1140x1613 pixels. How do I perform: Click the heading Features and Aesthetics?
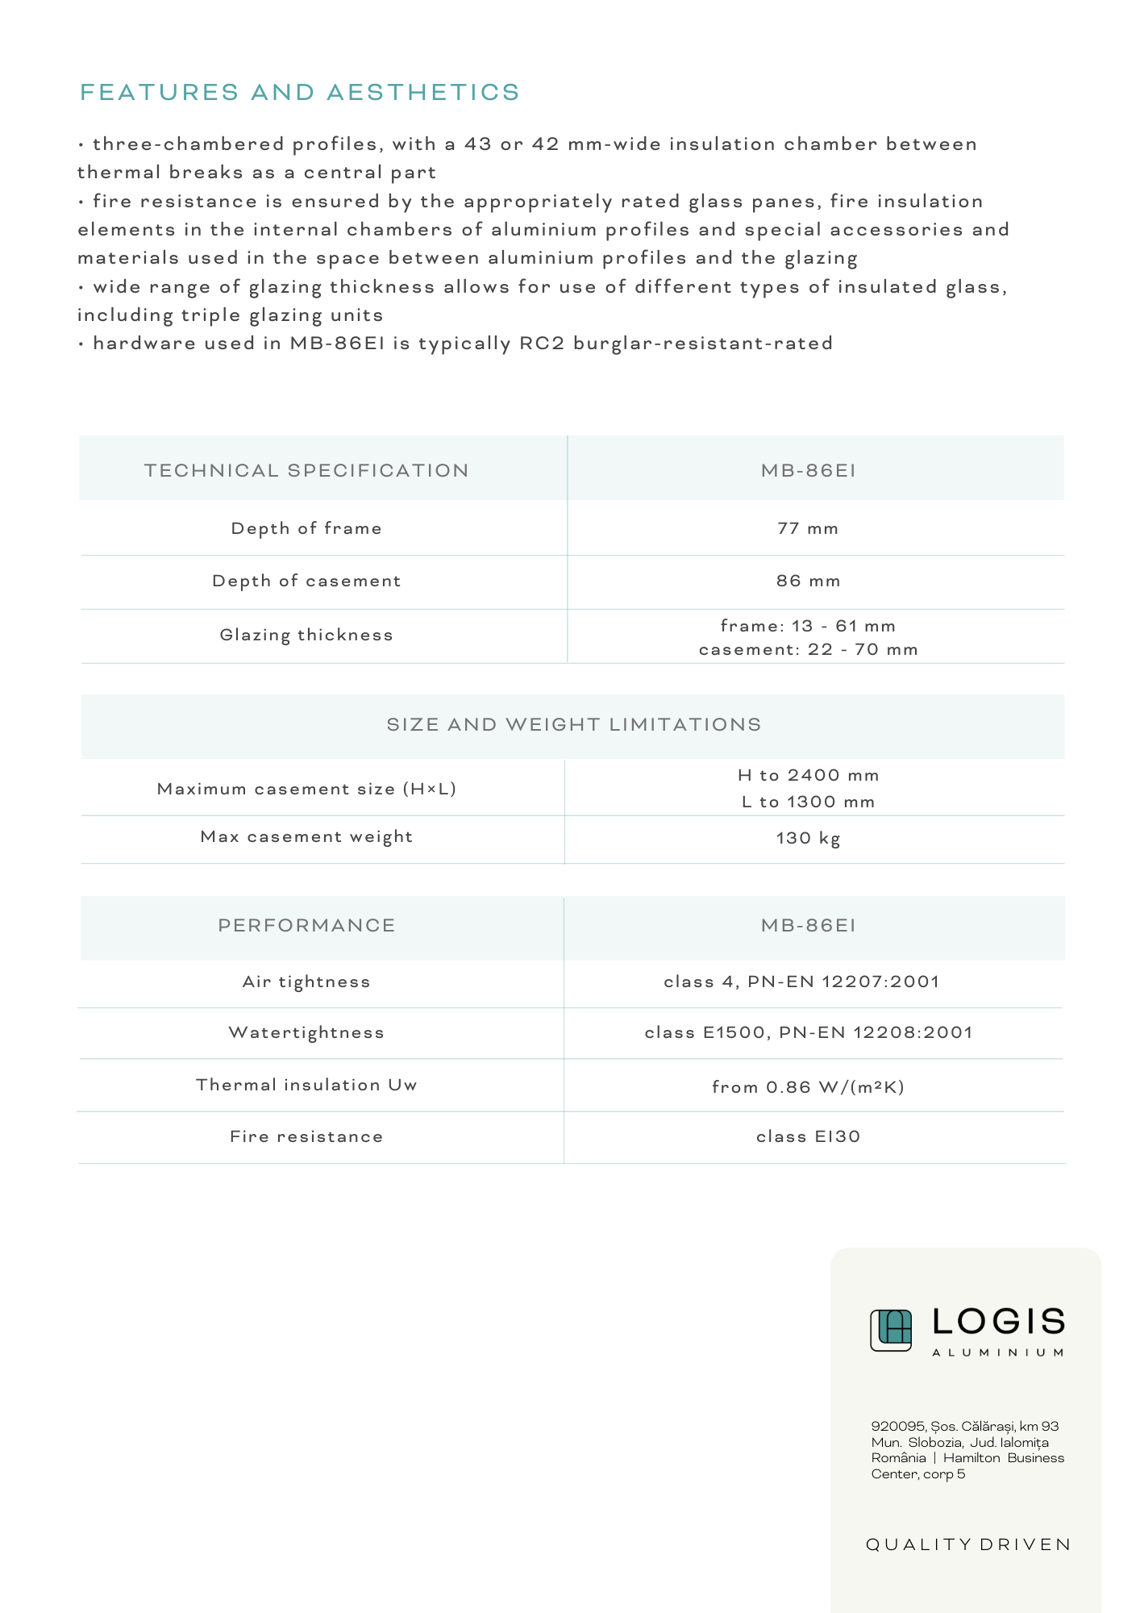coord(300,92)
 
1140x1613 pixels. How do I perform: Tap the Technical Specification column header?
coord(306,470)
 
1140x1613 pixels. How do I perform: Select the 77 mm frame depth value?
coord(808,528)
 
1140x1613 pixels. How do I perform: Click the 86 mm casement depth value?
coord(808,581)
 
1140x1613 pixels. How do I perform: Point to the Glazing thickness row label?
coord(306,635)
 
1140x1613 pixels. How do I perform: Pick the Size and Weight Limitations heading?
coord(573,724)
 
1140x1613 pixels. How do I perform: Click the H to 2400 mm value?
coord(808,775)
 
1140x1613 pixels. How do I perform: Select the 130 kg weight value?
coord(808,838)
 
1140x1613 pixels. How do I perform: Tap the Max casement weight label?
coord(306,836)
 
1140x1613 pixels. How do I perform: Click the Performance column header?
coord(306,925)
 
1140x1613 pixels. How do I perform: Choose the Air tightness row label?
coord(306,982)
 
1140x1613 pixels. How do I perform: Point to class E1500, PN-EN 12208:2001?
coord(808,1032)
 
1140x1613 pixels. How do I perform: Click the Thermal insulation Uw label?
coord(306,1085)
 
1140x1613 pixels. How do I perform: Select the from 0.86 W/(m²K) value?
coord(808,1087)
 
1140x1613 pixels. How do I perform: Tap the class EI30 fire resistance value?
coord(808,1136)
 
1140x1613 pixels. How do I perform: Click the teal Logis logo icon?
coord(891,1330)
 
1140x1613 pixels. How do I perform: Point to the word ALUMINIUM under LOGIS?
coord(998,1353)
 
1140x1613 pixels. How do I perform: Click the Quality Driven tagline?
coord(968,1544)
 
